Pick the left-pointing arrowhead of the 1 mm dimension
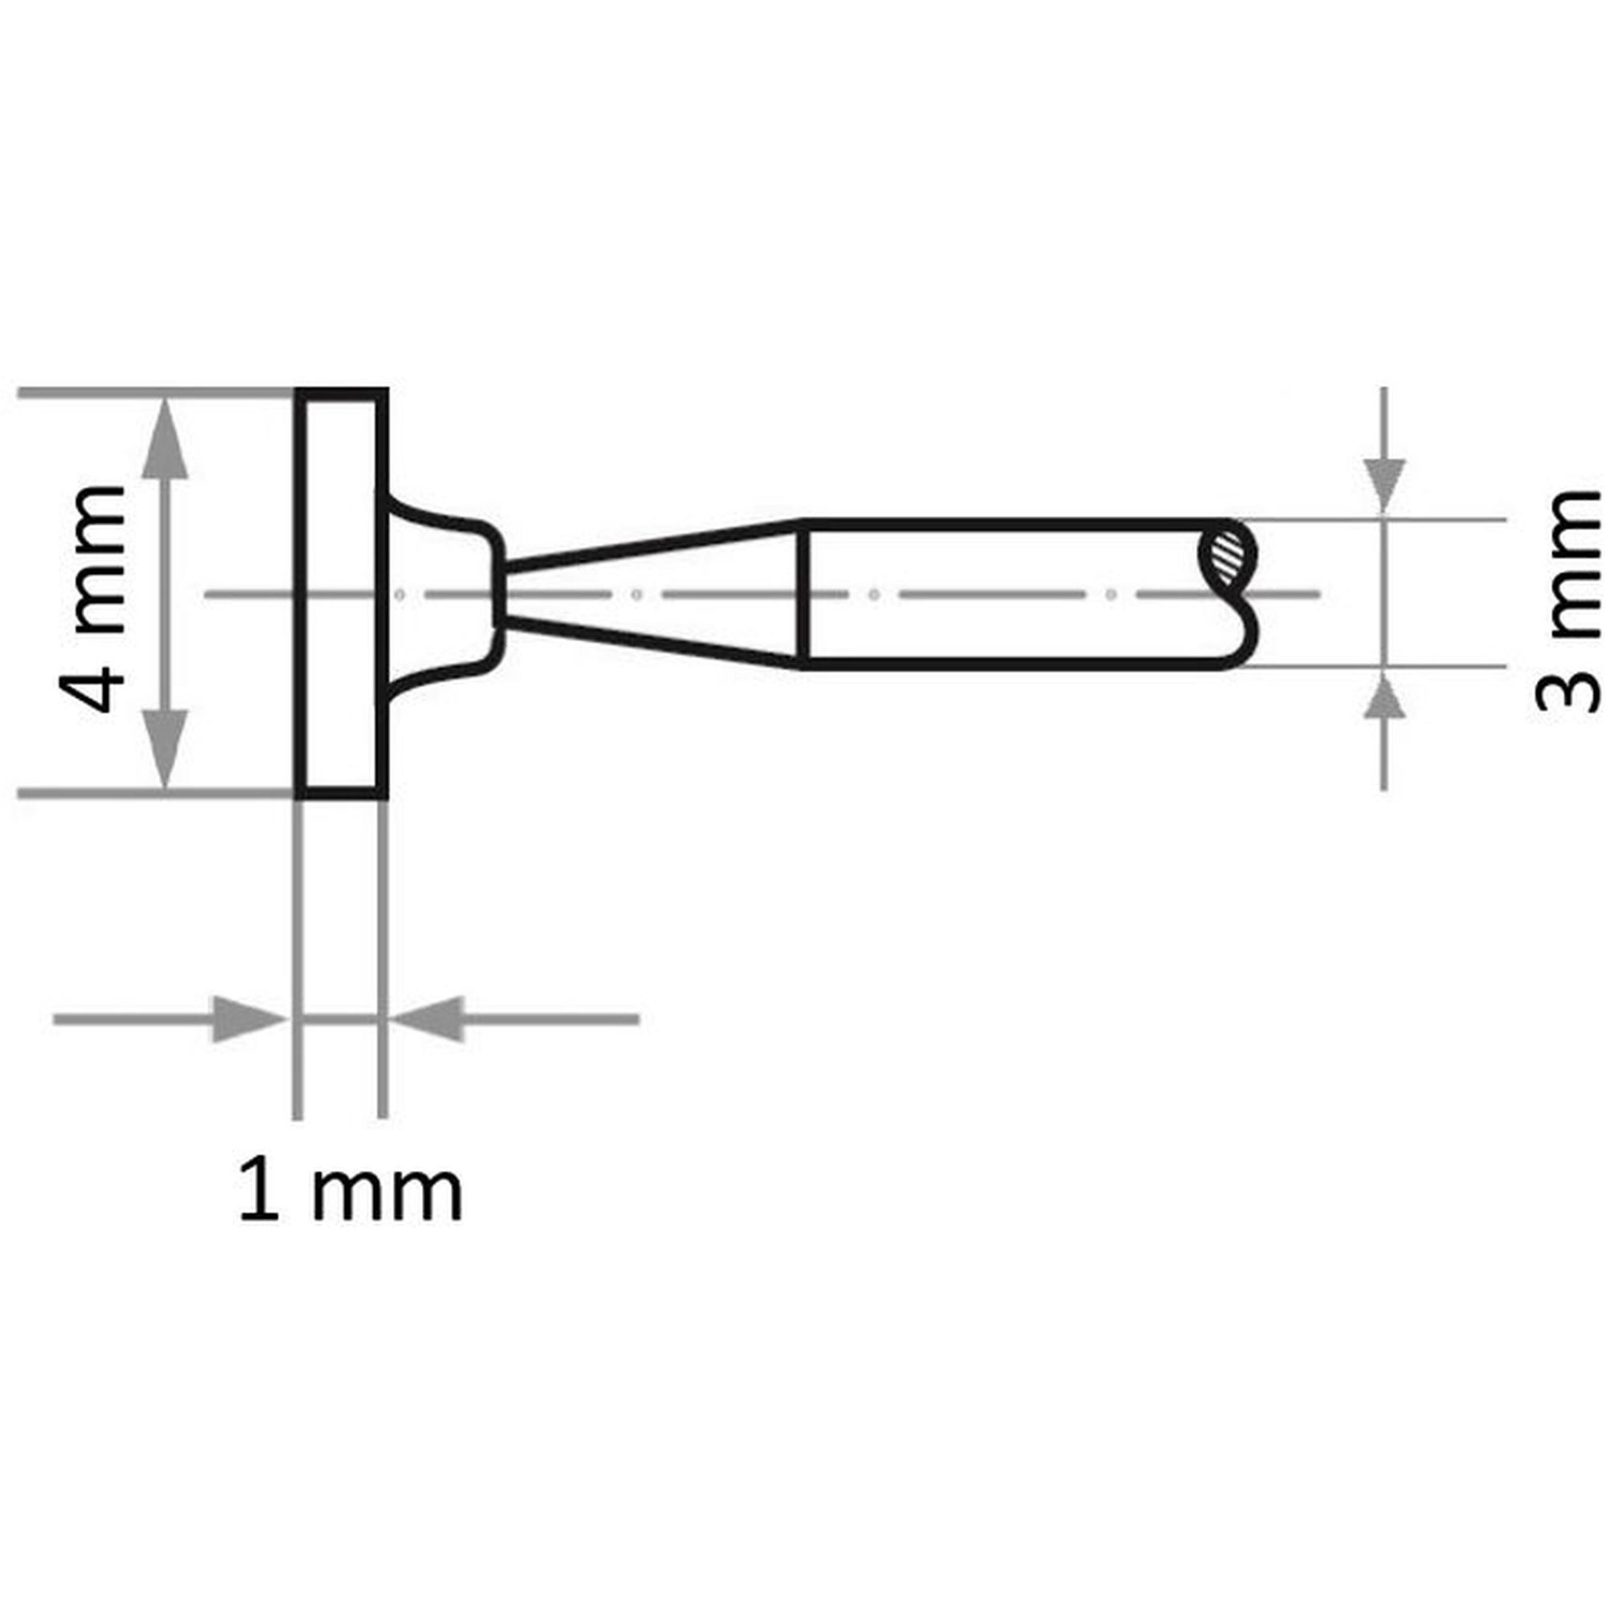[427, 1019]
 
